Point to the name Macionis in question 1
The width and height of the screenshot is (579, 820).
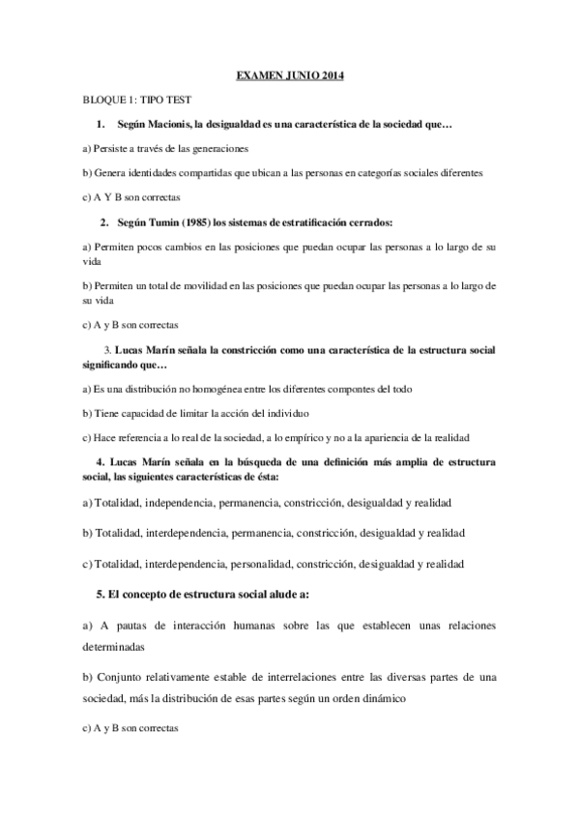pos(170,126)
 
